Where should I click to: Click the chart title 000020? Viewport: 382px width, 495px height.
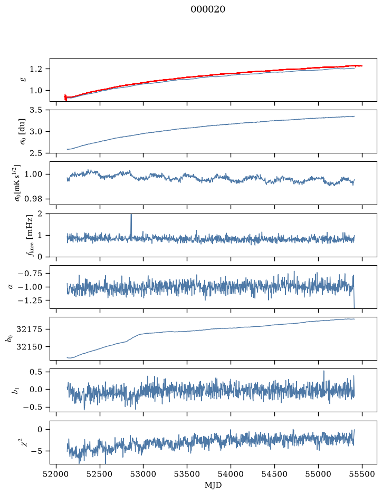[208, 9]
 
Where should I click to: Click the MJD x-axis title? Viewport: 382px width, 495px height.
[213, 485]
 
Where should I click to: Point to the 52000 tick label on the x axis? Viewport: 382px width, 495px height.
[56, 474]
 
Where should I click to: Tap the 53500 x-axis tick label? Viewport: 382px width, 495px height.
[187, 474]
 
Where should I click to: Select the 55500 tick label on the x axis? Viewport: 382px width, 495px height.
[362, 474]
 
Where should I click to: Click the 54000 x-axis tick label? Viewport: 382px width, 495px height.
[231, 474]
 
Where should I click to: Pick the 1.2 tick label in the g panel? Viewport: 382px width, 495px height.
[35, 69]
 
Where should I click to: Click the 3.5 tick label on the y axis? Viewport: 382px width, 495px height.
[35, 110]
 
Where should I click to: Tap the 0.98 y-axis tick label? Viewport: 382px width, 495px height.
[33, 199]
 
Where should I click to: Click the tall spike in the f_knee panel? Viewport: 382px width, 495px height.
[131, 226]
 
